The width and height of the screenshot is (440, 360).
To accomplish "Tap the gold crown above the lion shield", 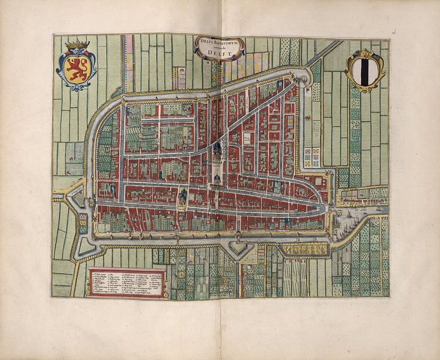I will tap(77, 45).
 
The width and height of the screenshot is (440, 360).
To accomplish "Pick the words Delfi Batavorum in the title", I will tap(219, 41).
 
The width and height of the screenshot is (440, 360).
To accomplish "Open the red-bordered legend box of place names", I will tap(126, 283).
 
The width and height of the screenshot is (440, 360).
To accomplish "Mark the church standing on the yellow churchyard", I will tap(182, 196).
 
